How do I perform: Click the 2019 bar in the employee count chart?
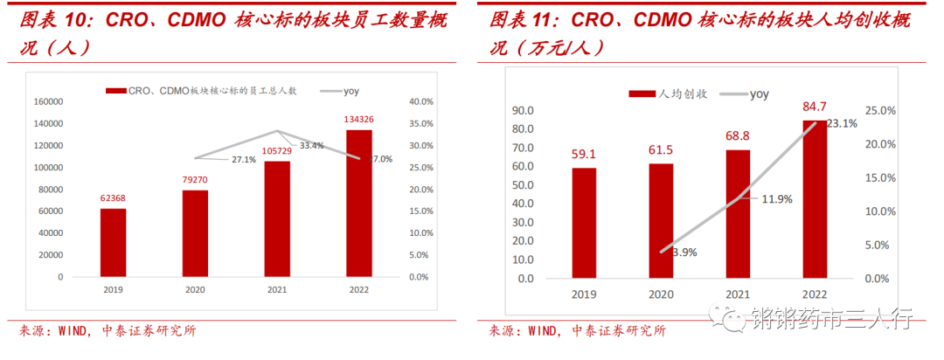pos(113,242)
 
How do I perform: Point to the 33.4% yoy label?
pos(312,145)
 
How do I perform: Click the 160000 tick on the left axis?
pos(48,101)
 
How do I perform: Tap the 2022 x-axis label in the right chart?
pos(815,295)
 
